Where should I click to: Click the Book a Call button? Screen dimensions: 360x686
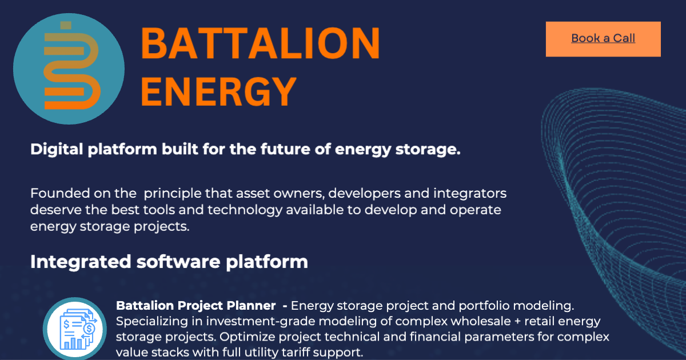pos(603,39)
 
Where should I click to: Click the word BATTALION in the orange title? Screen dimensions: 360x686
pos(260,43)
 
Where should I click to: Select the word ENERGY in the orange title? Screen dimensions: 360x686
pos(218,90)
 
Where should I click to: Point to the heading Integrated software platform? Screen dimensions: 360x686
pos(169,262)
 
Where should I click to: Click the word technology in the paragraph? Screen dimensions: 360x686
pos(241,209)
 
